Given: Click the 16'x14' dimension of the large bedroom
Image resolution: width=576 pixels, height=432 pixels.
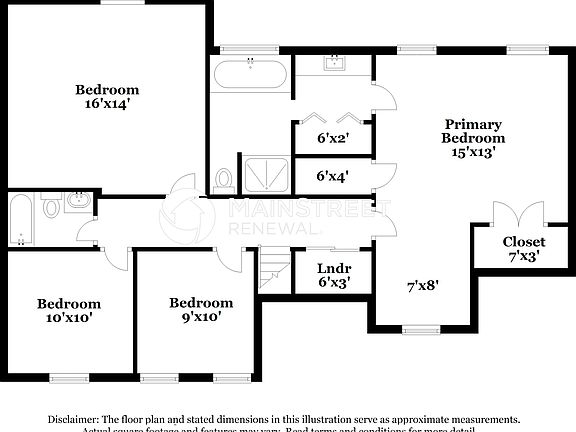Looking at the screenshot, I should pyautogui.click(x=107, y=102).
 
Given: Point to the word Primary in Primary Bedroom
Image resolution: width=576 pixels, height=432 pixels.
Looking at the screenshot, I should pyautogui.click(x=474, y=124).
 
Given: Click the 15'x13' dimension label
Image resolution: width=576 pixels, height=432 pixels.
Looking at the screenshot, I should pyautogui.click(x=474, y=153).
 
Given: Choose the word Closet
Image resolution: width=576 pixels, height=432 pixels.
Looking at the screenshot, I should pyautogui.click(x=524, y=242).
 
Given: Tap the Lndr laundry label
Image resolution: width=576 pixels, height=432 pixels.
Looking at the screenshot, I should pyautogui.click(x=332, y=268).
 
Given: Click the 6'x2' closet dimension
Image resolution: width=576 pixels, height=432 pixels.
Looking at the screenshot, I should pyautogui.click(x=332, y=138).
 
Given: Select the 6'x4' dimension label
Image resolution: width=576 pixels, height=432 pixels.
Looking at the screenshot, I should pyautogui.click(x=332, y=176).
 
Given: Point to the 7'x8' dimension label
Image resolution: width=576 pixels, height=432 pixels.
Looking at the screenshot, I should pyautogui.click(x=422, y=285).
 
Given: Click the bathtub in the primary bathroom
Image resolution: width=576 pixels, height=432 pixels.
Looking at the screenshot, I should pyautogui.click(x=251, y=75).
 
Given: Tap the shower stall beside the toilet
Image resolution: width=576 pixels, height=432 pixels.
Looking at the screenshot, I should pyautogui.click(x=264, y=174).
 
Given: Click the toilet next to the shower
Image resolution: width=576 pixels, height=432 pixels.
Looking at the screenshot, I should pyautogui.click(x=224, y=180).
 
